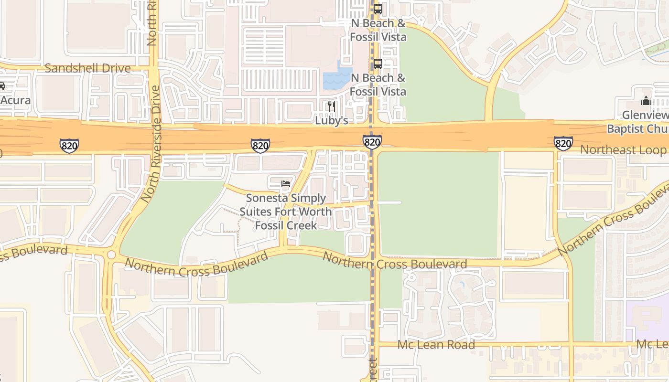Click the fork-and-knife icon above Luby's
point(332,106)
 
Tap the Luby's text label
point(332,121)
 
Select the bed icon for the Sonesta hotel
point(286,183)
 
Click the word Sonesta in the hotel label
point(265,198)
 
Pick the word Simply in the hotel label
point(307,198)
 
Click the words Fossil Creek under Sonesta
point(286,225)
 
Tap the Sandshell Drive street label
point(87,68)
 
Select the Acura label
point(15,100)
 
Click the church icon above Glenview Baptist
point(646,101)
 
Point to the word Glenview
point(645,115)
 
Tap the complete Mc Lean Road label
point(436,345)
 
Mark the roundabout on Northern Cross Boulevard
point(111,255)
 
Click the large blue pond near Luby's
point(337,79)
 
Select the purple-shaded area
point(647,318)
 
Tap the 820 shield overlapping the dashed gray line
point(372,142)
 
